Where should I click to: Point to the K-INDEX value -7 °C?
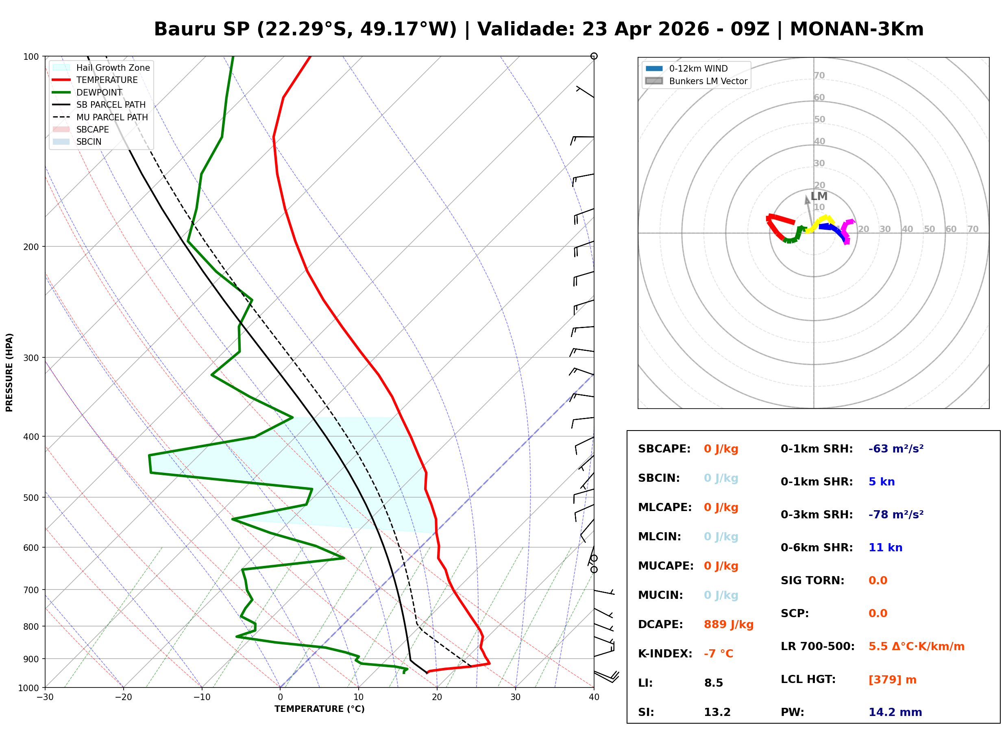pyautogui.click(x=718, y=653)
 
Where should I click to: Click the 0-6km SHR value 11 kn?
pyautogui.click(x=885, y=548)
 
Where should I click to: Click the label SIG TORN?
pyautogui.click(x=812, y=581)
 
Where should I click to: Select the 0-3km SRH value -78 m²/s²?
pyautogui.click(x=896, y=515)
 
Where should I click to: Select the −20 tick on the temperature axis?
pyautogui.click(x=123, y=697)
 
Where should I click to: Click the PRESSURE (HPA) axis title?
pyautogui.click(x=9, y=372)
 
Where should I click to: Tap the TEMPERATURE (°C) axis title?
pyautogui.click(x=319, y=709)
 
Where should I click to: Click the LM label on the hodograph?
pyautogui.click(x=819, y=196)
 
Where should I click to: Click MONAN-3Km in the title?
pyautogui.click(x=856, y=29)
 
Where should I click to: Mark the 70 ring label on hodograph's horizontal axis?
pyautogui.click(x=973, y=229)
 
